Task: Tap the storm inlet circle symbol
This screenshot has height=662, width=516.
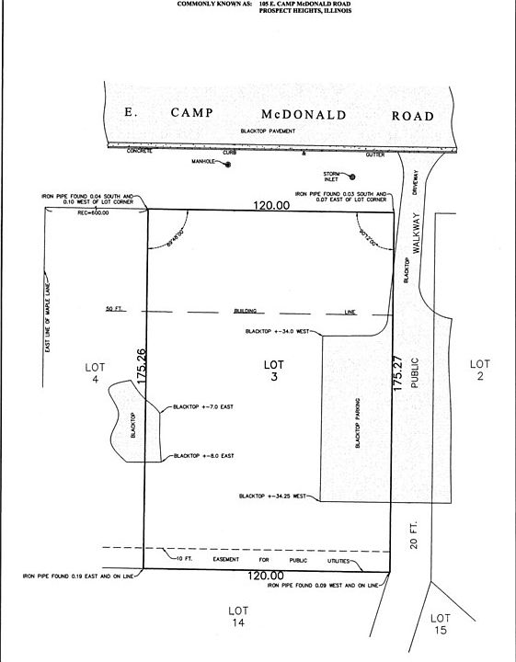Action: (x=351, y=177)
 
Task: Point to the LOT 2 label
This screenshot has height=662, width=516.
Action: (x=478, y=371)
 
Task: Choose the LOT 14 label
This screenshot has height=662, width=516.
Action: (x=238, y=616)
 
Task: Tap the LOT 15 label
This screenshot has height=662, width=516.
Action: (x=441, y=622)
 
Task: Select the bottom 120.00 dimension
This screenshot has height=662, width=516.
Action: (x=265, y=576)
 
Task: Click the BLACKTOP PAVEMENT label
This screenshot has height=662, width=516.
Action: (x=268, y=131)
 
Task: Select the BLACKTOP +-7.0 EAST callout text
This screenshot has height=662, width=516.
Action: (x=203, y=405)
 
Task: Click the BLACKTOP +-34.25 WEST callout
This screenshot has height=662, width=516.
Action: (x=275, y=496)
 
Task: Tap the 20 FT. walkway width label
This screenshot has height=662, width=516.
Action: (x=411, y=539)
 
